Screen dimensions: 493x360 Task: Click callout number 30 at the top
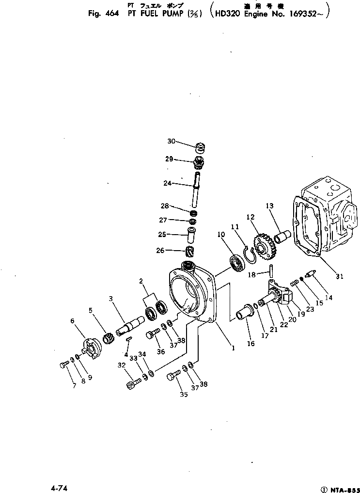pos(171,141)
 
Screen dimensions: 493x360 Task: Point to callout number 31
pos(339,277)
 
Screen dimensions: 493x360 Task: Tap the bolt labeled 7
pos(65,365)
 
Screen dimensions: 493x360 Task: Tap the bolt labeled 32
pos(133,385)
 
